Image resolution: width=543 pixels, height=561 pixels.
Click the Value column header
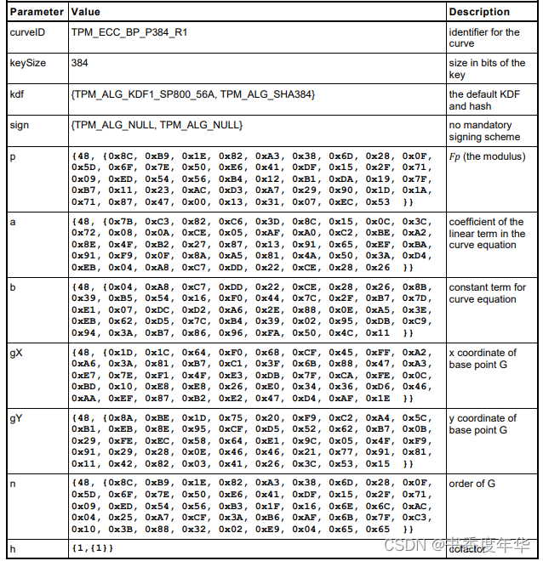(x=88, y=12)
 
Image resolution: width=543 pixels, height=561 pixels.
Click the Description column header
(x=479, y=12)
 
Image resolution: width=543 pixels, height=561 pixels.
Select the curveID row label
(x=27, y=32)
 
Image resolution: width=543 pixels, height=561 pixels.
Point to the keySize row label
(x=28, y=63)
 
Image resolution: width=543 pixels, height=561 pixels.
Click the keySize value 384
(x=80, y=63)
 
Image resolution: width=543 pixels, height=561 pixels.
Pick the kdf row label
(x=17, y=94)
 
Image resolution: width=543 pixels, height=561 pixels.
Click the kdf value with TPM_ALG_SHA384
(x=193, y=94)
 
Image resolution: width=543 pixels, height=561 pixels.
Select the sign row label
(x=20, y=125)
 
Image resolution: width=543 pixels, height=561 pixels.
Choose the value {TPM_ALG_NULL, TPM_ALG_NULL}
(x=157, y=125)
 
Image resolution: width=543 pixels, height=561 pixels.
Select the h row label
(x=13, y=548)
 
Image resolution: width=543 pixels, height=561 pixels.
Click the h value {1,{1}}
(x=92, y=548)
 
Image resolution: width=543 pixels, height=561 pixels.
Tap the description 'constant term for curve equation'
(x=487, y=293)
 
